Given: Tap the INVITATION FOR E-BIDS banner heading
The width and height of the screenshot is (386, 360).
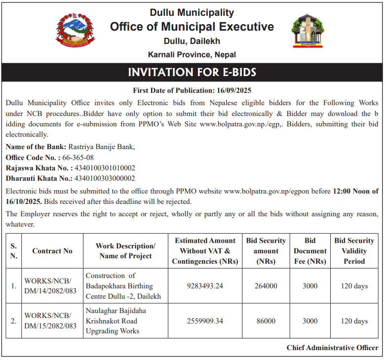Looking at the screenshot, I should [192, 73].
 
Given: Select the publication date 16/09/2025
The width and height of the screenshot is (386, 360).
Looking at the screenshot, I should [234, 90].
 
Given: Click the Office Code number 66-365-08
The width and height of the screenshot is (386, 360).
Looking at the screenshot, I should [78, 158].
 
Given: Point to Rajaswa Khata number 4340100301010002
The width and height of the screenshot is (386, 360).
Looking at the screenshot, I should [105, 168].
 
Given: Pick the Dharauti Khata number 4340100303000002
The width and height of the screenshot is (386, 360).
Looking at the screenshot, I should [105, 178].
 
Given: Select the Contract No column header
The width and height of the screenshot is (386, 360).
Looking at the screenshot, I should [52, 251].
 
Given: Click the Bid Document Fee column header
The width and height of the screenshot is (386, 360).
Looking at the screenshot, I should [310, 251].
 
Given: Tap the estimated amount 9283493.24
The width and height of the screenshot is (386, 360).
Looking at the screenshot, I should [205, 286].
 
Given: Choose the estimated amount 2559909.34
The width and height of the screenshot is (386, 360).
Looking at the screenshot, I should [205, 321].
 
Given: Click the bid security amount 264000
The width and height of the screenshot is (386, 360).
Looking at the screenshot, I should [266, 286].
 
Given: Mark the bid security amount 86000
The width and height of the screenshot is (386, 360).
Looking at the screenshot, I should [266, 321].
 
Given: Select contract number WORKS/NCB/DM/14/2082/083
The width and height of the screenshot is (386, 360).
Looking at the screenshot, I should [50, 286].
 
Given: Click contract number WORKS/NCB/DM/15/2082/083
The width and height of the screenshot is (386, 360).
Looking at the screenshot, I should [50, 321].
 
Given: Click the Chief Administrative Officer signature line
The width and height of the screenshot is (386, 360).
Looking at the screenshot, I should [332, 348].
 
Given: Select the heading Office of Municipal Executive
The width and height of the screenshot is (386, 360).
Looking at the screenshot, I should [192, 27].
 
